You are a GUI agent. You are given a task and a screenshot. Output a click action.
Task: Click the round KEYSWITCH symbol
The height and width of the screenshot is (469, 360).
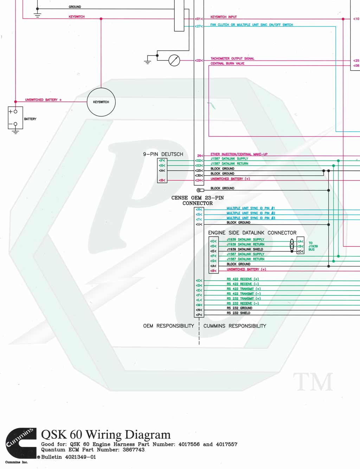click(x=101, y=102)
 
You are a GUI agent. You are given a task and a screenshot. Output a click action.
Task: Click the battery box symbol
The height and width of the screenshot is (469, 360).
click(x=15, y=118)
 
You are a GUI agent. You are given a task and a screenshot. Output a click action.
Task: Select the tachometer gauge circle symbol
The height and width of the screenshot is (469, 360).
click(x=174, y=60)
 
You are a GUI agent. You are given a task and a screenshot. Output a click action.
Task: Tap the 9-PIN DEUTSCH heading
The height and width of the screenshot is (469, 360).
click(x=163, y=154)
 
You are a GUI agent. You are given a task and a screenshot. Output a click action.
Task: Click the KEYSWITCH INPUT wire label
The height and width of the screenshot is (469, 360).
click(x=223, y=17)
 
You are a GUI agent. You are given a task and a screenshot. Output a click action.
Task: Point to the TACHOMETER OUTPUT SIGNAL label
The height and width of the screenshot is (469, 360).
click(x=232, y=59)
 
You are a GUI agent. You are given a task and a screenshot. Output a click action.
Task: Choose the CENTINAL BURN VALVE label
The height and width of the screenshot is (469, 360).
click(x=227, y=64)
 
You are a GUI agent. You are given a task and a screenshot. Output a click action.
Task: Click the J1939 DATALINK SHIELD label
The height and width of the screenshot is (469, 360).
click(x=245, y=249)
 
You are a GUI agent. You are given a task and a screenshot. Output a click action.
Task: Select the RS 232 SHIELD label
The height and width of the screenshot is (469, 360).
click(x=238, y=313)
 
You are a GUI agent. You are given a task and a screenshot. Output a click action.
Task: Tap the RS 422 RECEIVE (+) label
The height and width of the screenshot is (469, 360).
click(x=243, y=279)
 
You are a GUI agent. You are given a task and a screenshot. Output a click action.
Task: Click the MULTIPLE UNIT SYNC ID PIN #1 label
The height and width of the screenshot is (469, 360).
click(x=250, y=208)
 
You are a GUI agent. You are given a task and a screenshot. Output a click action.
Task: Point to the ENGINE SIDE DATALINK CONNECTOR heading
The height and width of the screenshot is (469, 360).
click(x=252, y=233)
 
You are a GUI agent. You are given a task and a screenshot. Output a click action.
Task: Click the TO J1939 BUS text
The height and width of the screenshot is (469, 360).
click(x=313, y=246)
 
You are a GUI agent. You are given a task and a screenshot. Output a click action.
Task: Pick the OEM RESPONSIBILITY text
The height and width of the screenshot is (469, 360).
click(x=168, y=326)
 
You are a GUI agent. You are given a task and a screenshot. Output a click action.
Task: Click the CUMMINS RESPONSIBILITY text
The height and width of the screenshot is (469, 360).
click(x=235, y=326)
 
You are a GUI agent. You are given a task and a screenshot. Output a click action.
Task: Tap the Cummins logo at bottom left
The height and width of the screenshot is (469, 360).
click(x=21, y=443)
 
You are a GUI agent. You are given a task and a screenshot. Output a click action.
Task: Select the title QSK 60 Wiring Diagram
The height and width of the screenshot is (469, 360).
click(x=105, y=435)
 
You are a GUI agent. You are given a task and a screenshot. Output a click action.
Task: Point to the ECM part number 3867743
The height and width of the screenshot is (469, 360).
click(x=133, y=450)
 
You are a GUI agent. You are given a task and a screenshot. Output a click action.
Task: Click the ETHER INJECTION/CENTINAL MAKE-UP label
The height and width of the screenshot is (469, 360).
click(x=239, y=154)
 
